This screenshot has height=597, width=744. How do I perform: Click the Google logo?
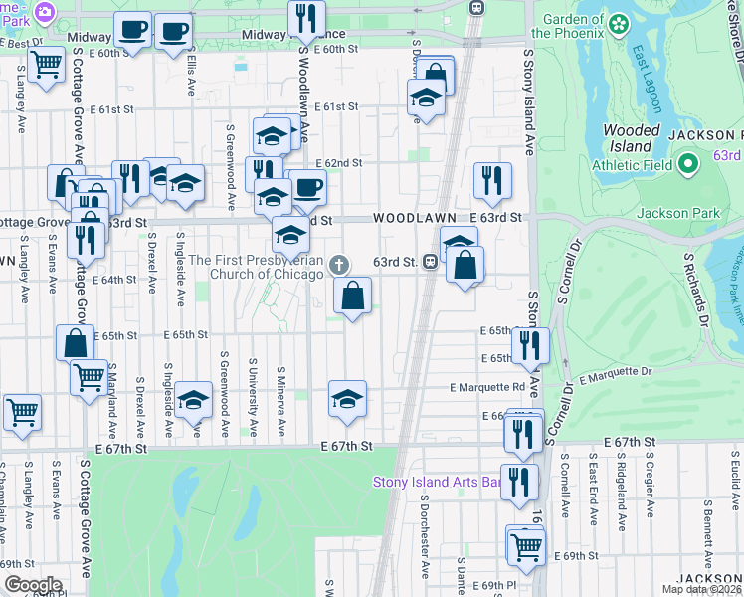tap(32, 585)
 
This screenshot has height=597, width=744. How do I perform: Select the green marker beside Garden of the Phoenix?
tap(619, 22)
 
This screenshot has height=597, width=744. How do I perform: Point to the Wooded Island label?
tap(632, 138)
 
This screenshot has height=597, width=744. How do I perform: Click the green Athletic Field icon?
tap(687, 164)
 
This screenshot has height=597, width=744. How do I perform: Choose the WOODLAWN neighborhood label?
tap(415, 217)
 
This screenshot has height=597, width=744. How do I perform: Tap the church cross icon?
tap(339, 264)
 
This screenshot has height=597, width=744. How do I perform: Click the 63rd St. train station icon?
tap(431, 262)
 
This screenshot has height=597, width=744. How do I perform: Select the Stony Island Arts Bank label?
tap(435, 483)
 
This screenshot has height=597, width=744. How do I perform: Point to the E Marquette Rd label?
tap(487, 387)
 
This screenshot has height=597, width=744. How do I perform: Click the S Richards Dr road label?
tap(697, 289)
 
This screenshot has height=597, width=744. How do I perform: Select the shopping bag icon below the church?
tap(352, 295)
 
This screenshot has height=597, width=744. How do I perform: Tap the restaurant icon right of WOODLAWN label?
tap(492, 180)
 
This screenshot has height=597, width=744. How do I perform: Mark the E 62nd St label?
tap(339, 162)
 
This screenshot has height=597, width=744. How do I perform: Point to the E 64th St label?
tap(115, 280)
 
